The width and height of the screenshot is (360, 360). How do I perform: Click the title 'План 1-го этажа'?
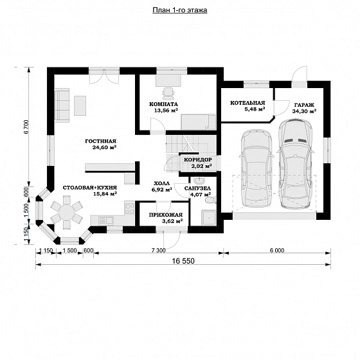(180, 10)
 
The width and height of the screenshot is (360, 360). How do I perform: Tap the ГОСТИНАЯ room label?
(100, 141)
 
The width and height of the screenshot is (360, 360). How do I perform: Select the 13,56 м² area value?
(166, 111)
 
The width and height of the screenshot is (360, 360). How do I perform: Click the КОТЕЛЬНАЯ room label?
(248, 103)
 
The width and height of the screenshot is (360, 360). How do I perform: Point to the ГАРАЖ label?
(304, 105)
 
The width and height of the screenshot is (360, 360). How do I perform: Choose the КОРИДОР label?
(198, 159)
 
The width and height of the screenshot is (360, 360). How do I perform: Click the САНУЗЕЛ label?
(197, 188)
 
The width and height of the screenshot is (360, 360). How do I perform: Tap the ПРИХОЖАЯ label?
(166, 215)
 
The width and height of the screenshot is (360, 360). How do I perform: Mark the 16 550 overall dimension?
(183, 261)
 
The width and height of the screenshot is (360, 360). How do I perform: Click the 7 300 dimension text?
(158, 250)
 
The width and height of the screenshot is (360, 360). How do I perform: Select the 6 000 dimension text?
(277, 250)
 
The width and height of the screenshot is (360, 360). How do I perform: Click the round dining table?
(67, 212)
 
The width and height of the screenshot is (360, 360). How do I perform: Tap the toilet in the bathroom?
(211, 200)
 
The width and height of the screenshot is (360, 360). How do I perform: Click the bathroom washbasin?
(199, 181)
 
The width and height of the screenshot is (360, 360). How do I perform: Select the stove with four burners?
(129, 208)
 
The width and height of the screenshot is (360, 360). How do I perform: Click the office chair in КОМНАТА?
(168, 92)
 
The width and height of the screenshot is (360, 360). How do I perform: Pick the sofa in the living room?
(62, 104)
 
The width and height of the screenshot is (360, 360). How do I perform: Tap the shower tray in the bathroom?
(209, 217)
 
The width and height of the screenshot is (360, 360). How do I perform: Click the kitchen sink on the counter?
(105, 221)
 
